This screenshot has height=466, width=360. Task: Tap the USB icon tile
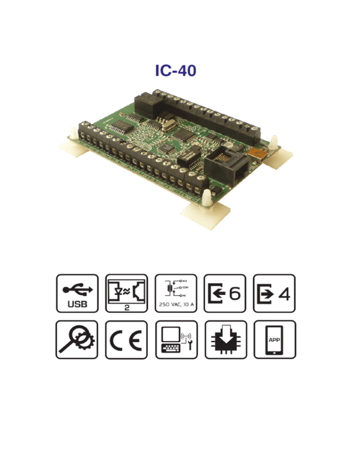(x=77, y=293)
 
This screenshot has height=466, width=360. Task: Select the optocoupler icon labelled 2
(x=127, y=293)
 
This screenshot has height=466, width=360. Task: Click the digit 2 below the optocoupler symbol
(x=127, y=309)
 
